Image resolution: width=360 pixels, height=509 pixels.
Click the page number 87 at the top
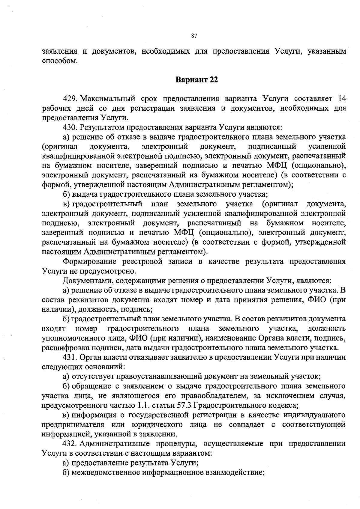coord(194,36)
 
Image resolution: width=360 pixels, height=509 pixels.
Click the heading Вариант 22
coord(196,80)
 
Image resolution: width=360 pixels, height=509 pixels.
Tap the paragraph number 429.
coord(71,99)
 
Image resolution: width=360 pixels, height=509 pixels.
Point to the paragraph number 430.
coord(71,127)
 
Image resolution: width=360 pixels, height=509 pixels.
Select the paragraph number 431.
coord(71,357)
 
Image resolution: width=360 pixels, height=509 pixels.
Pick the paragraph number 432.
coord(71,443)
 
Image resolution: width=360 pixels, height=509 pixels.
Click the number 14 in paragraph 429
coord(342,99)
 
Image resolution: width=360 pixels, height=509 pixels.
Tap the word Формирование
coord(90,261)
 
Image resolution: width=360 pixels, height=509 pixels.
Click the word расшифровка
coord(61,348)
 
